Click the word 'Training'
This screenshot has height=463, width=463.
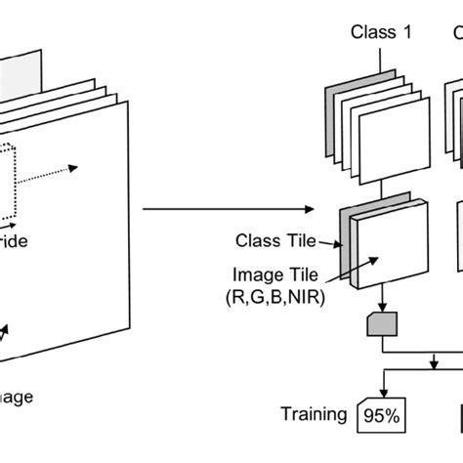pos(314,415)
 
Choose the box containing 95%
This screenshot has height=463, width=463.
pos(384,417)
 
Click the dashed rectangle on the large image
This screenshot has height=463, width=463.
pos(12,181)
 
